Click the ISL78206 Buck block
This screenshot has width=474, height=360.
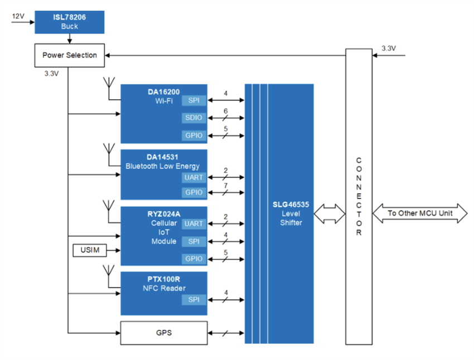(x=70, y=22)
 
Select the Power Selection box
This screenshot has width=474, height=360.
(x=70, y=55)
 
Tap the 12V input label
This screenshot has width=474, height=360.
(x=18, y=16)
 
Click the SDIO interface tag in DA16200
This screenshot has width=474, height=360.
(x=194, y=118)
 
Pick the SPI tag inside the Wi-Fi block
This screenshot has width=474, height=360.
(x=194, y=100)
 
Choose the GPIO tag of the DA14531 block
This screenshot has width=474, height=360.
(x=194, y=192)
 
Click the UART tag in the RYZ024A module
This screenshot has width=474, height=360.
(x=194, y=223)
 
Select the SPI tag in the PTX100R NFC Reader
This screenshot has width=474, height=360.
(x=194, y=300)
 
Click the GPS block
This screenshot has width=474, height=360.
(x=163, y=333)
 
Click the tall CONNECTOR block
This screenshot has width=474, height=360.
(x=358, y=196)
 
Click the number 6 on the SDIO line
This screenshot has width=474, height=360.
(x=225, y=111)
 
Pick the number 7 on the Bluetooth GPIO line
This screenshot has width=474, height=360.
(x=225, y=186)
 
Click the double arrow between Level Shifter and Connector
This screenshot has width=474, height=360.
(x=330, y=213)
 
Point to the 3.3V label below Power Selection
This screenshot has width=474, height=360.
(x=51, y=73)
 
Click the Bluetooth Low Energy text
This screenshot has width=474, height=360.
(x=162, y=166)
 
